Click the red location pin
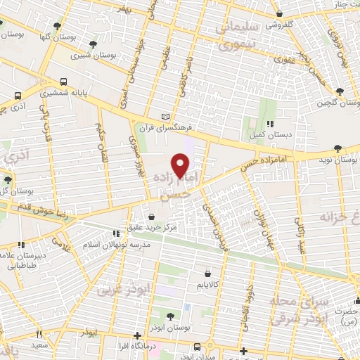(181, 165)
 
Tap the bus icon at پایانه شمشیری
(64, 82)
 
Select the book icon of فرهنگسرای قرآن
(166, 116)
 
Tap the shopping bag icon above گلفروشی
(280, 13)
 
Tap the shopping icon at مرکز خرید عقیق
(153, 217)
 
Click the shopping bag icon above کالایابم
(207, 274)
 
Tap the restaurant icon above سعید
(39, 335)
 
